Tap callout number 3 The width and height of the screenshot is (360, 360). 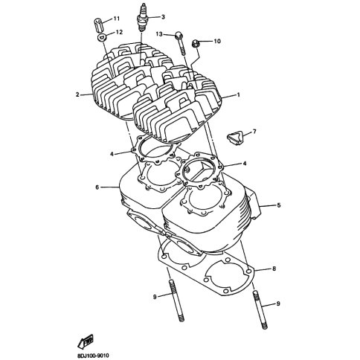click(x=163, y=17)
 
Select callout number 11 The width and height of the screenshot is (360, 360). click(x=117, y=19)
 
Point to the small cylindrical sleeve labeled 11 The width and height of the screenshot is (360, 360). click(x=99, y=25)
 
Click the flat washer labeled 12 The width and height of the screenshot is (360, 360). click(x=102, y=37)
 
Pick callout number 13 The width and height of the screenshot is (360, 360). click(x=159, y=34)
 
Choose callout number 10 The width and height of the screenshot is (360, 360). click(x=217, y=41)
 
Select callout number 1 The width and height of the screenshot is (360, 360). click(x=238, y=94)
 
